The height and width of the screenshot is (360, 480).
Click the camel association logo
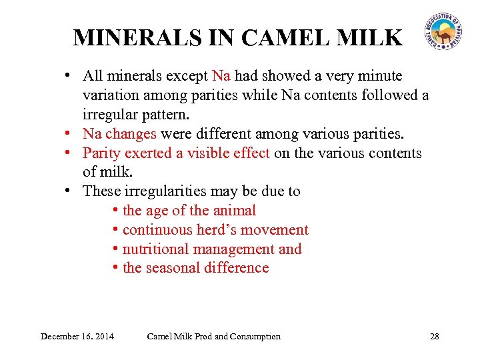pos(443,32)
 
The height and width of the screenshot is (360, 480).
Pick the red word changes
pos(132,134)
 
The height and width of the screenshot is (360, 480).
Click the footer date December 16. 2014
pos(77,336)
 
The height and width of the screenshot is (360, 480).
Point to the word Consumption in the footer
pos(255,336)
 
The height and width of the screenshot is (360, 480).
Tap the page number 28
pos(435,336)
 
